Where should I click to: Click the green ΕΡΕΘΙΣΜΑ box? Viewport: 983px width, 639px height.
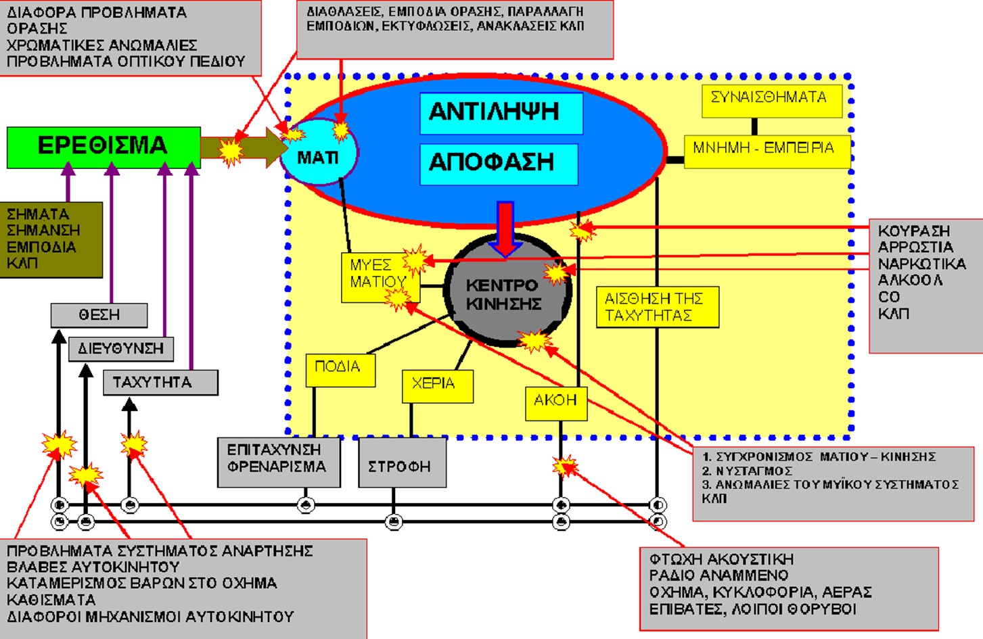tap(104, 147)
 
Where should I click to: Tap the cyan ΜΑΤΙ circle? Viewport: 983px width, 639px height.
tap(318, 157)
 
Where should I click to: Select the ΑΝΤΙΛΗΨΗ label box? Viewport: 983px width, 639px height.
tap(501, 113)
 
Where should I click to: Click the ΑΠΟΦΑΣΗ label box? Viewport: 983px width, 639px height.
tap(499, 164)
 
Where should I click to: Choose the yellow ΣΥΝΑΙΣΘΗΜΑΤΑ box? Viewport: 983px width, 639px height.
tap(771, 100)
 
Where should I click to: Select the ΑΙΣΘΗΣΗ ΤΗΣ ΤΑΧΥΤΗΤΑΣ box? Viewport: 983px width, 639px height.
tap(656, 308)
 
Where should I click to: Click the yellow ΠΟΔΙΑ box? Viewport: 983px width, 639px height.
tap(340, 370)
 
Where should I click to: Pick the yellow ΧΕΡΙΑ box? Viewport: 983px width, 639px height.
tap(437, 386)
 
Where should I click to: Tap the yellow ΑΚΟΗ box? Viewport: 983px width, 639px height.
tap(555, 403)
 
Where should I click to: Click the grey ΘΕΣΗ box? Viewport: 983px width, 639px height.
tap(99, 315)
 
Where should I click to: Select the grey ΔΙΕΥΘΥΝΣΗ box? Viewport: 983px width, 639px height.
tap(121, 349)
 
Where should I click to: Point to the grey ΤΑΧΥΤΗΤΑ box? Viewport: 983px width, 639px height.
tap(160, 383)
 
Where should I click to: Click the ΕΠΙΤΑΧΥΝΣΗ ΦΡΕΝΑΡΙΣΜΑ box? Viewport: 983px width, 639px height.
tap(278, 462)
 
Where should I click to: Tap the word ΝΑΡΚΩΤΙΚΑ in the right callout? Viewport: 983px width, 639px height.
tap(921, 264)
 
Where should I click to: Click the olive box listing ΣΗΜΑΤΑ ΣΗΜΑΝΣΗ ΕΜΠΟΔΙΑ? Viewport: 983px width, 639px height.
tap(51, 239)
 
